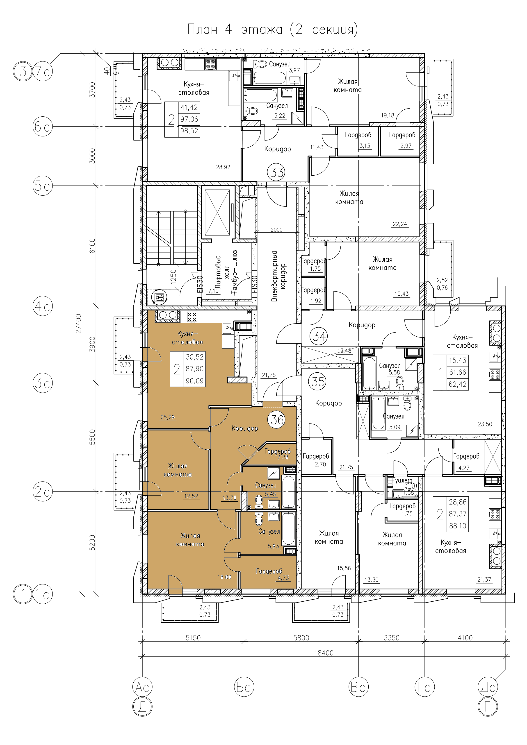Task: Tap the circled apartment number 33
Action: [277, 172]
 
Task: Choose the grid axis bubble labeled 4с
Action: [43, 306]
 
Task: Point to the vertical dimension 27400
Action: [79, 324]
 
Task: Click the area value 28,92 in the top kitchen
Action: [223, 168]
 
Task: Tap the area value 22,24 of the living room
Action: [400, 224]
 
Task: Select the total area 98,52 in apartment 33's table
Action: [189, 131]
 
